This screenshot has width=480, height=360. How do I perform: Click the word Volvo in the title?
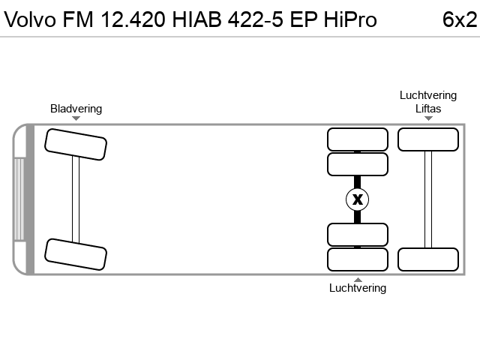tap(30, 19)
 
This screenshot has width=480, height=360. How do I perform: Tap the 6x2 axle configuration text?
tap(460, 19)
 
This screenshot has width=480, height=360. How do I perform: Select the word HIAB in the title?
tap(196, 19)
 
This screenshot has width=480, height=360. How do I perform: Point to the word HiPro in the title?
tap(350, 19)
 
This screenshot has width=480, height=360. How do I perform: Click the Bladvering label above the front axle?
tap(76, 109)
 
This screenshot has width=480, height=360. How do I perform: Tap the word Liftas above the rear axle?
tap(428, 109)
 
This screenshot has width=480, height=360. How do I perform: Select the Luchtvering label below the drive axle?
tap(358, 288)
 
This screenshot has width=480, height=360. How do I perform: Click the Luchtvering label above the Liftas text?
tap(428, 95)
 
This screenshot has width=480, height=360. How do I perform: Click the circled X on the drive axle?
tap(357, 199)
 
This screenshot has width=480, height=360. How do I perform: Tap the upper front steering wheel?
tap(76, 145)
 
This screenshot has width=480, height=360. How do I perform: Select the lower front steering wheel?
tap(76, 254)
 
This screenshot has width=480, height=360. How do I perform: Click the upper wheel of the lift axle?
tap(428, 139)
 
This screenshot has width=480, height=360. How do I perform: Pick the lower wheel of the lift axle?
tap(428, 259)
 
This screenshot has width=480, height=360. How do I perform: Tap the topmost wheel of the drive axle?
tap(358, 139)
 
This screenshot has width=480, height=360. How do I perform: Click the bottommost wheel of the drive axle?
tap(358, 259)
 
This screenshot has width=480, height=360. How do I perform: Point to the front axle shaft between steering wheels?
tap(76, 199)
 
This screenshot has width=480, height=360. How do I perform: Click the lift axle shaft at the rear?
tap(428, 199)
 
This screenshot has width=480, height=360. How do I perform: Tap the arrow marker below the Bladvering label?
tap(76, 118)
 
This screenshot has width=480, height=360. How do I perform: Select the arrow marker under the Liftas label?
tap(428, 118)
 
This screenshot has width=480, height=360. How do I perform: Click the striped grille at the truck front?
tap(19, 199)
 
